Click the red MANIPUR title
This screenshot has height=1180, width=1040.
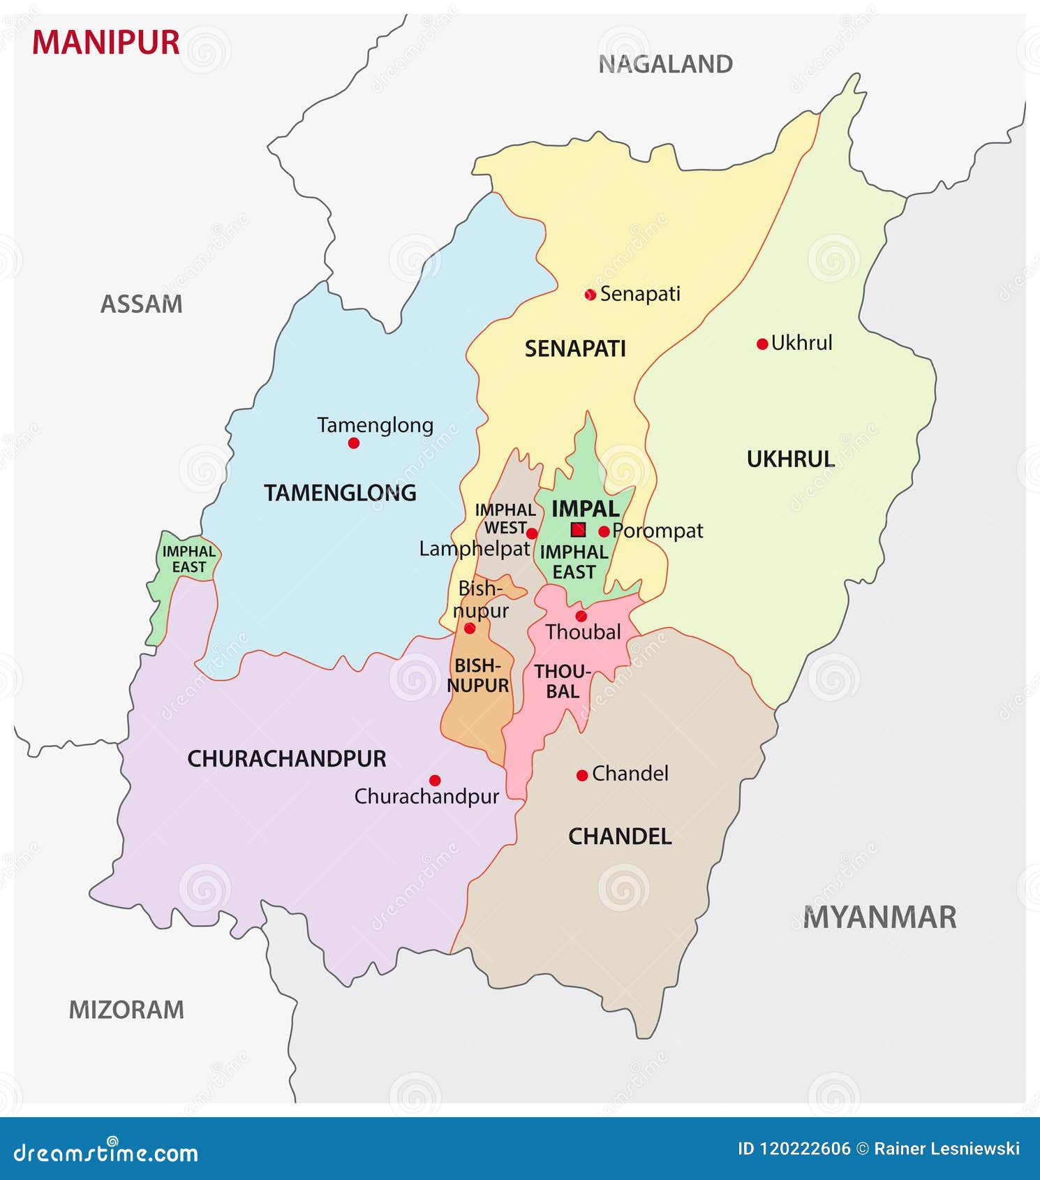click(105, 43)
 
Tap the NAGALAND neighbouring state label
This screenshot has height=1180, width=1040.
click(665, 64)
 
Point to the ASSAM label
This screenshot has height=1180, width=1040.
click(141, 304)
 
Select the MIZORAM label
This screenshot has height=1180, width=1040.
click(126, 1010)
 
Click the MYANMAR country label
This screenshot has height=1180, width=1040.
click(879, 917)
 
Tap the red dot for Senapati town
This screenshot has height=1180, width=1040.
click(590, 295)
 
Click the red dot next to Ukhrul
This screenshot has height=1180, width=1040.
click(762, 344)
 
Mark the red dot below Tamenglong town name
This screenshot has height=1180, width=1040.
click(354, 443)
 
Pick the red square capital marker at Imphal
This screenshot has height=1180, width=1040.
click(578, 529)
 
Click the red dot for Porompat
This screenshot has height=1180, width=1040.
click(604, 531)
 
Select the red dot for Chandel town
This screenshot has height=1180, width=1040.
click(582, 775)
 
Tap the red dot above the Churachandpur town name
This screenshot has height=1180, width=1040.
click(435, 780)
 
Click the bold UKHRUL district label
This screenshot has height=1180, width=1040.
click(790, 459)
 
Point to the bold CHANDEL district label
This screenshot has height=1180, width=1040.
click(620, 836)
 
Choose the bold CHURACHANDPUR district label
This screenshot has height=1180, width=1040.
click(287, 759)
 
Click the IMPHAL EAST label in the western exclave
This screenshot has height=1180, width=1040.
click(188, 559)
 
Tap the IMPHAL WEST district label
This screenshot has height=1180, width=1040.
click(505, 519)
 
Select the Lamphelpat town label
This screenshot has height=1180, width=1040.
click(474, 549)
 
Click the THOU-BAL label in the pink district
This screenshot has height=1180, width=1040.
click(563, 681)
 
